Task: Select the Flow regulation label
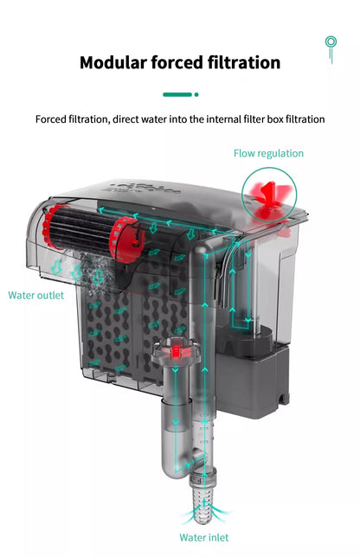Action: point(268,153)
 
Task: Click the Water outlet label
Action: point(35,295)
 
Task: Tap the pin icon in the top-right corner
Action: point(330,47)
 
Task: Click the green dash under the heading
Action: point(177,93)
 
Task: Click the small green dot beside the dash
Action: point(196,93)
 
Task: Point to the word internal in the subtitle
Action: point(235,118)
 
